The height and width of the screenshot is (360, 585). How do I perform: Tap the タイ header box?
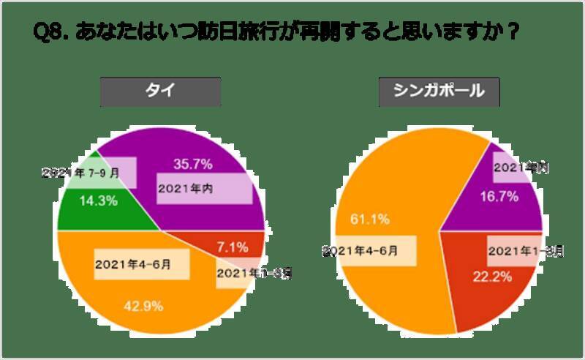160,91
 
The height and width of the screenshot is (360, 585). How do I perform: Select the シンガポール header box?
438,91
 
